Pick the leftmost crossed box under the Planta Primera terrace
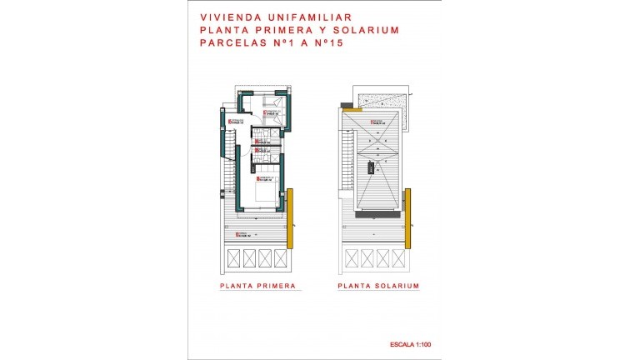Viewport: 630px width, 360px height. tap(234, 257)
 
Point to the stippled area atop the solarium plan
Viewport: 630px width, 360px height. tap(380, 100)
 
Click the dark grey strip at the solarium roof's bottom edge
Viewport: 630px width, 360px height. tap(378, 214)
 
